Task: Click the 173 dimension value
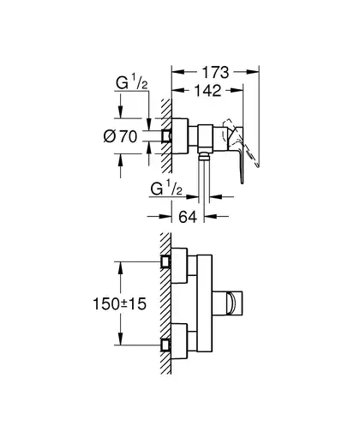point(216,73)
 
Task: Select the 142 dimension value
point(207,91)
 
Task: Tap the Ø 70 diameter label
point(120,136)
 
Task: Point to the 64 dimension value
point(188,217)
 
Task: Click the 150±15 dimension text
point(119,303)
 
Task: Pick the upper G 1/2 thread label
point(132,83)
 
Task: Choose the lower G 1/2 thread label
point(166,189)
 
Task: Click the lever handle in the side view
point(237,153)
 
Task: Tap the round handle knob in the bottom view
point(231,303)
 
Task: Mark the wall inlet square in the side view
point(166,136)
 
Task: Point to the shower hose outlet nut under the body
point(204,155)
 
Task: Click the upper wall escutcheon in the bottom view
point(179,266)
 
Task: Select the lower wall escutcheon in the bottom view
point(179,341)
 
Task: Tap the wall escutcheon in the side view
point(180,136)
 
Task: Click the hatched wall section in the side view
point(166,135)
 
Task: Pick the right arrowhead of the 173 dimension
point(253,72)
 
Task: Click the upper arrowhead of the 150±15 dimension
point(121,267)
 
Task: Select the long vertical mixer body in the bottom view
point(204,303)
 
